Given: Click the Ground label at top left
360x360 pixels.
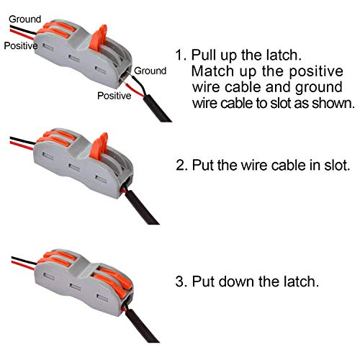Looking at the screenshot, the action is [x=25, y=19].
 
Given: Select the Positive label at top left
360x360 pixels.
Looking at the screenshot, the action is [x=21, y=45].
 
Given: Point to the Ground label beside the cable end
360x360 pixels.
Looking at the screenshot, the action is [x=150, y=71].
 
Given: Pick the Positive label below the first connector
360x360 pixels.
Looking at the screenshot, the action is [x=114, y=96].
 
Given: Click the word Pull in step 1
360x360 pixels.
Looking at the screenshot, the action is [x=204, y=55].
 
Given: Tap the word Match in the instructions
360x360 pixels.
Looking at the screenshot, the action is [x=212, y=71].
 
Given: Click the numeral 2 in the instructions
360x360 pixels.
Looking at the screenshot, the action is [x=181, y=166].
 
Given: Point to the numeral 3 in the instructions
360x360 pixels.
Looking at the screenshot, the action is [x=180, y=282].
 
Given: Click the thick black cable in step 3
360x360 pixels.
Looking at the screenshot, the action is [x=141, y=325].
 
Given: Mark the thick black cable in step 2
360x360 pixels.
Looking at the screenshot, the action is [x=142, y=207].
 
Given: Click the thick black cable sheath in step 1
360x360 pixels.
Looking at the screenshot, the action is [x=157, y=108].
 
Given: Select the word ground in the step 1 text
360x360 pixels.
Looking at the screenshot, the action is [x=319, y=88].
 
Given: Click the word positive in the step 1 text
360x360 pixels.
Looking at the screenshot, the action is [x=316, y=72].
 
